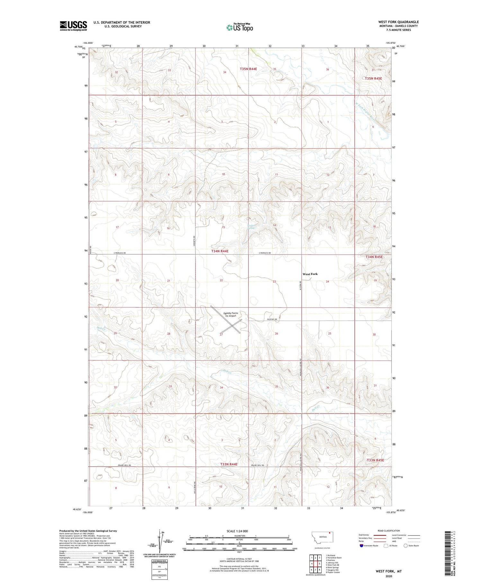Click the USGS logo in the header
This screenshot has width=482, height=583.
73,26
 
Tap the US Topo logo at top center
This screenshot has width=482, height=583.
240,27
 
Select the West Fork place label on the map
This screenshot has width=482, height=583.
310,274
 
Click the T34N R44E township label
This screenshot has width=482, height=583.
220,251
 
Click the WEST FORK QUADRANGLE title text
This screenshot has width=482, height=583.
398,22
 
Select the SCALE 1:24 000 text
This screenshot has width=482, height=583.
237,531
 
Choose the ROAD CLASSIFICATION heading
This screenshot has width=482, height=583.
389,531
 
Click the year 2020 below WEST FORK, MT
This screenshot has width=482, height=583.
389,576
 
